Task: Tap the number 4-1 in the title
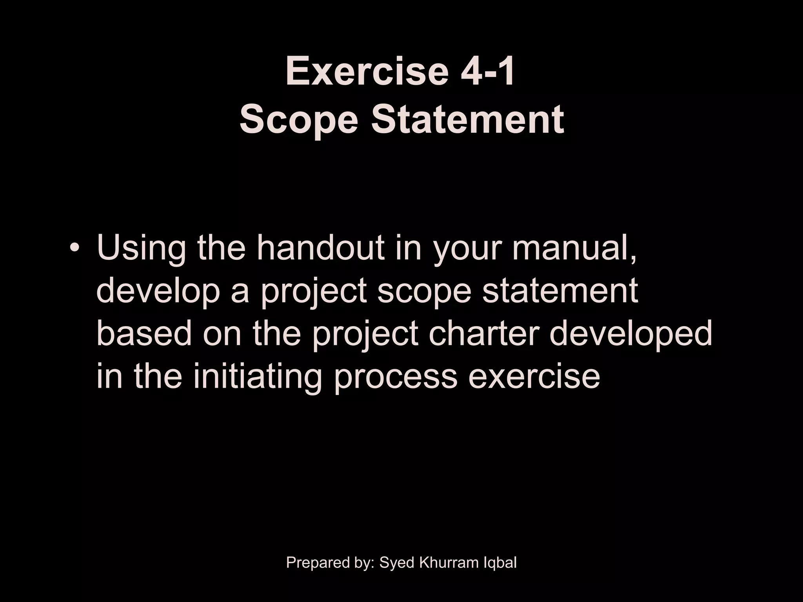pyautogui.click(x=488, y=72)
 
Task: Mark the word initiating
pyautogui.click(x=257, y=376)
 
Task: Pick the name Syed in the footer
pyautogui.click(x=398, y=563)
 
